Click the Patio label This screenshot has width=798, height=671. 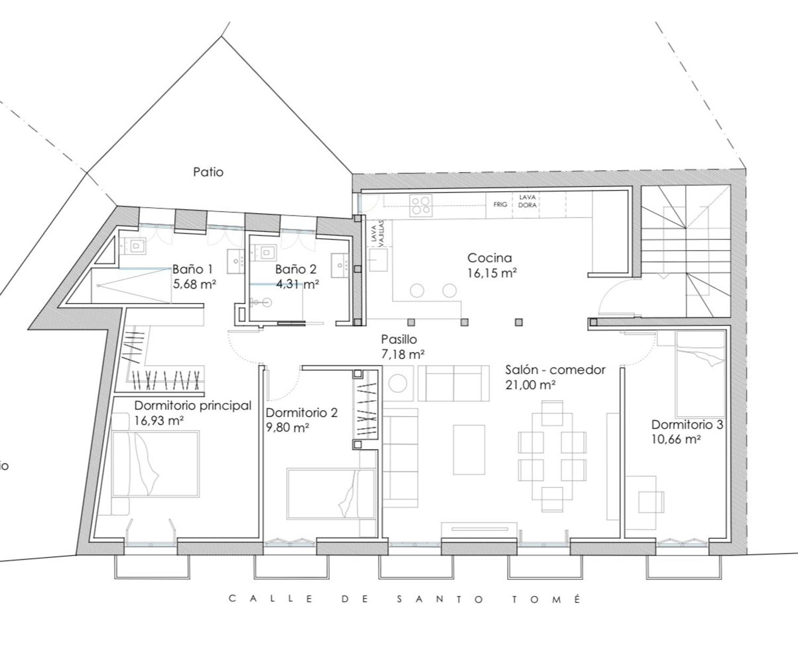[x=208, y=172]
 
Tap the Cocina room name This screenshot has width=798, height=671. [x=489, y=258]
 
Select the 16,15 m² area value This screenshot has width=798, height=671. [x=492, y=273]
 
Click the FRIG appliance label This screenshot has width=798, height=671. [x=500, y=204]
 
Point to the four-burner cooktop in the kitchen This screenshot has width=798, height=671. [x=421, y=205]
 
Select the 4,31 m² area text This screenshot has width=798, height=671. [x=297, y=284]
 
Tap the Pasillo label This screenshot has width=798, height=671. [x=399, y=339]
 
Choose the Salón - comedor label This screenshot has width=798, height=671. [x=555, y=370]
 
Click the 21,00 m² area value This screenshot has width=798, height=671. [x=530, y=385]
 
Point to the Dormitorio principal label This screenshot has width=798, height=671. [x=193, y=405]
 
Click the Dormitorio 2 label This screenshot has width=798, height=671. [x=302, y=413]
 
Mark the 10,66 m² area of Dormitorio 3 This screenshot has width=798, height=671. [x=676, y=440]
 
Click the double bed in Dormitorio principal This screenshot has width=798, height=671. [x=155, y=464]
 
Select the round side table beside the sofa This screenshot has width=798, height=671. [x=397, y=383]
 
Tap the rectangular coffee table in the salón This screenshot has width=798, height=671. [x=469, y=449]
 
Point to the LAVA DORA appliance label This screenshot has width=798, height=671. [x=527, y=201]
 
